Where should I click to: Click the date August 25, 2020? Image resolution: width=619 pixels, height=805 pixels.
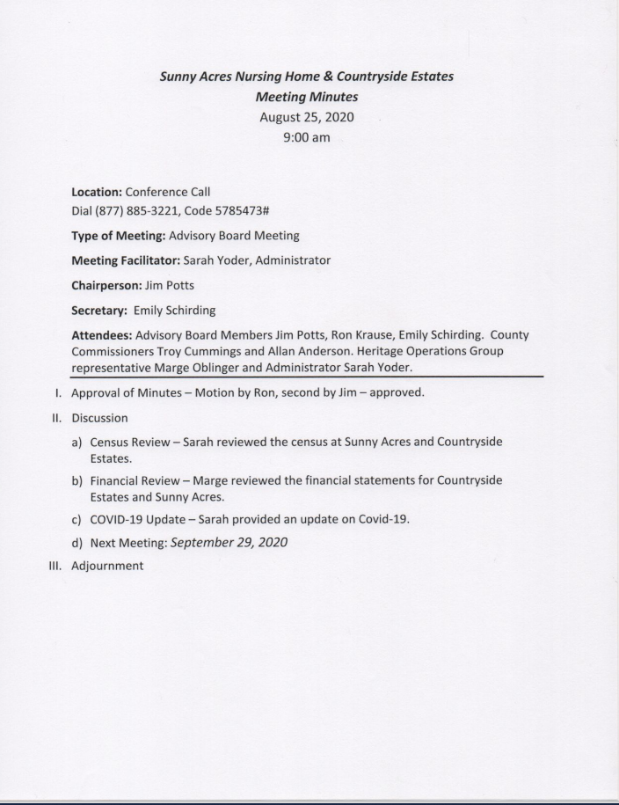tap(306, 118)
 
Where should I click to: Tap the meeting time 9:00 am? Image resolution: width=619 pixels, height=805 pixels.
tap(306, 138)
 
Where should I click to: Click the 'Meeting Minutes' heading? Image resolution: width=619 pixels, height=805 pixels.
tap(306, 97)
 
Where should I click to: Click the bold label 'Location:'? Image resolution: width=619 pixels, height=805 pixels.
tap(97, 191)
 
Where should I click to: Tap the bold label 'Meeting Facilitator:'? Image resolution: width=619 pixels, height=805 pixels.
tap(126, 260)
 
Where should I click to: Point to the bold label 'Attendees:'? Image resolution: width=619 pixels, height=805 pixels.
tap(102, 335)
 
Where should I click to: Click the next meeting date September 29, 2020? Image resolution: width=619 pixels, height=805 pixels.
tap(229, 542)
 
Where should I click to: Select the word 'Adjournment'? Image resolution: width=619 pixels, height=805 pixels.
tap(106, 566)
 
